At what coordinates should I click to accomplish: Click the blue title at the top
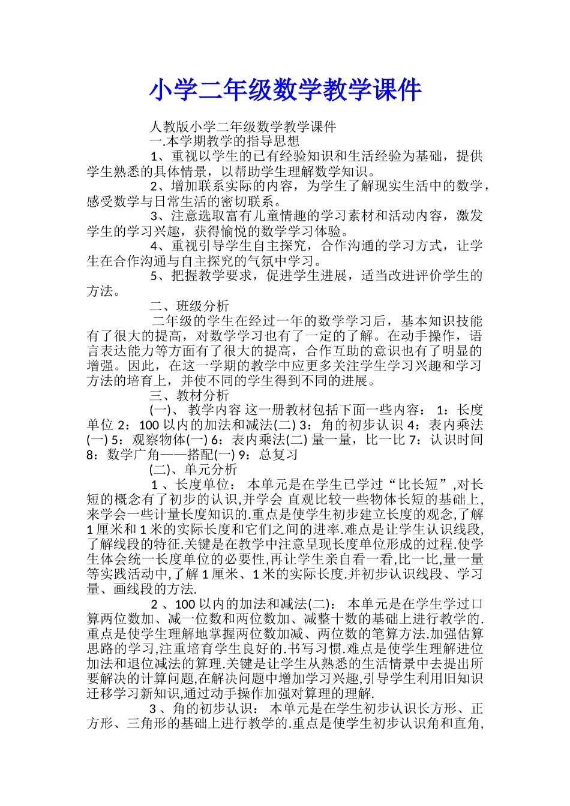(x=285, y=91)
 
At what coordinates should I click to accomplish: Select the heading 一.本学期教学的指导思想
(x=224, y=142)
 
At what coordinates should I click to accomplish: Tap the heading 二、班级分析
(x=189, y=306)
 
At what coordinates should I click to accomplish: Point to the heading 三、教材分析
(x=189, y=395)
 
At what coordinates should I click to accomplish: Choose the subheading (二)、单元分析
(x=193, y=470)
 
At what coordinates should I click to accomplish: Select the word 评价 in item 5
(x=415, y=276)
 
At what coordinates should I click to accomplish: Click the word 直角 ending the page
(x=466, y=723)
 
